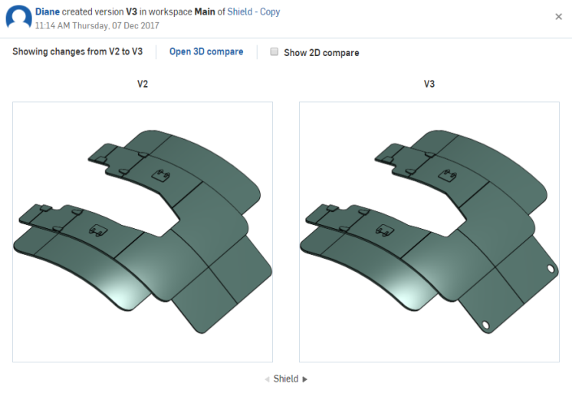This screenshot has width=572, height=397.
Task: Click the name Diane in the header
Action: tap(48, 12)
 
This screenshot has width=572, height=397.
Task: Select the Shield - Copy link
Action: tap(254, 12)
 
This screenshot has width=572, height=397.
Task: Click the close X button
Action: tap(558, 17)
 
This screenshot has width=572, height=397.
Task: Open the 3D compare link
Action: tap(206, 52)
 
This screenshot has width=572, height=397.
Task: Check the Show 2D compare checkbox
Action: tap(274, 52)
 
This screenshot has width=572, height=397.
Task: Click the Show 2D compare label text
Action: tap(321, 53)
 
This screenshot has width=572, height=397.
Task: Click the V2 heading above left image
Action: tap(143, 84)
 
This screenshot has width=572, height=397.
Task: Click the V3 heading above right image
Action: tap(429, 84)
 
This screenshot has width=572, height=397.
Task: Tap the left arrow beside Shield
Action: tap(267, 379)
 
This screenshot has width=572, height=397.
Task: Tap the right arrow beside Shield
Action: tap(305, 379)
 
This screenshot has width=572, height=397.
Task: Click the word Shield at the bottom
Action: tap(286, 379)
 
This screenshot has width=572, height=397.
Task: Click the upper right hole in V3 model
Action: tap(551, 269)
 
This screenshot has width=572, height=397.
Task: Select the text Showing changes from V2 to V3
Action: tap(77, 52)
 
